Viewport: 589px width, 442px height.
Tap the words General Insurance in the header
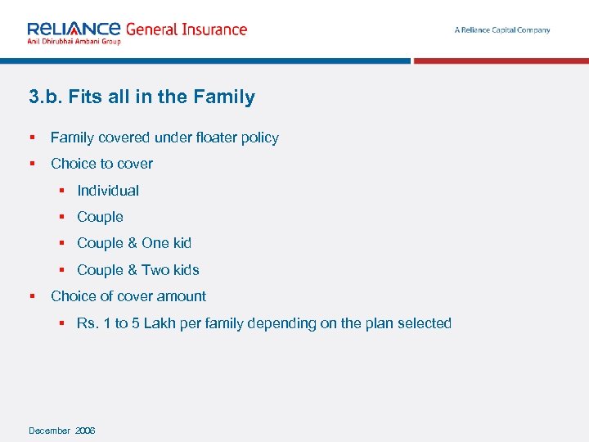tap(186, 29)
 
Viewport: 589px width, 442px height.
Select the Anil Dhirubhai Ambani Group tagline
tap(74, 41)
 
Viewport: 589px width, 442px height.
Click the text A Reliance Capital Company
tap(501, 30)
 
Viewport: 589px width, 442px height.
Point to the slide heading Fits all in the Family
tap(142, 97)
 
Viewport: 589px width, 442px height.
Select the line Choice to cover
tap(101, 164)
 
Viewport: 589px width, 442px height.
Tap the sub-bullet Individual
tap(107, 191)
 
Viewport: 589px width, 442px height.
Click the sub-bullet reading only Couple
tap(100, 217)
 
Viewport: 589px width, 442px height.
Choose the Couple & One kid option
tap(133, 243)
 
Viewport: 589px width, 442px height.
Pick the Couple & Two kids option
tap(137, 270)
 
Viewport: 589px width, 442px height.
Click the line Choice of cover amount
tap(128, 296)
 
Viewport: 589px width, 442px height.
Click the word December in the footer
tap(49, 431)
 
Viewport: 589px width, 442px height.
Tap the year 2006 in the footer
tap(85, 431)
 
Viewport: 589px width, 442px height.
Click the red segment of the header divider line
tap(501, 61)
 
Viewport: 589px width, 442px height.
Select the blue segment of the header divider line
tap(205, 61)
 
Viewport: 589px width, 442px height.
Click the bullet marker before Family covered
tap(31, 138)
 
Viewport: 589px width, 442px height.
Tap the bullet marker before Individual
tap(61, 191)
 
